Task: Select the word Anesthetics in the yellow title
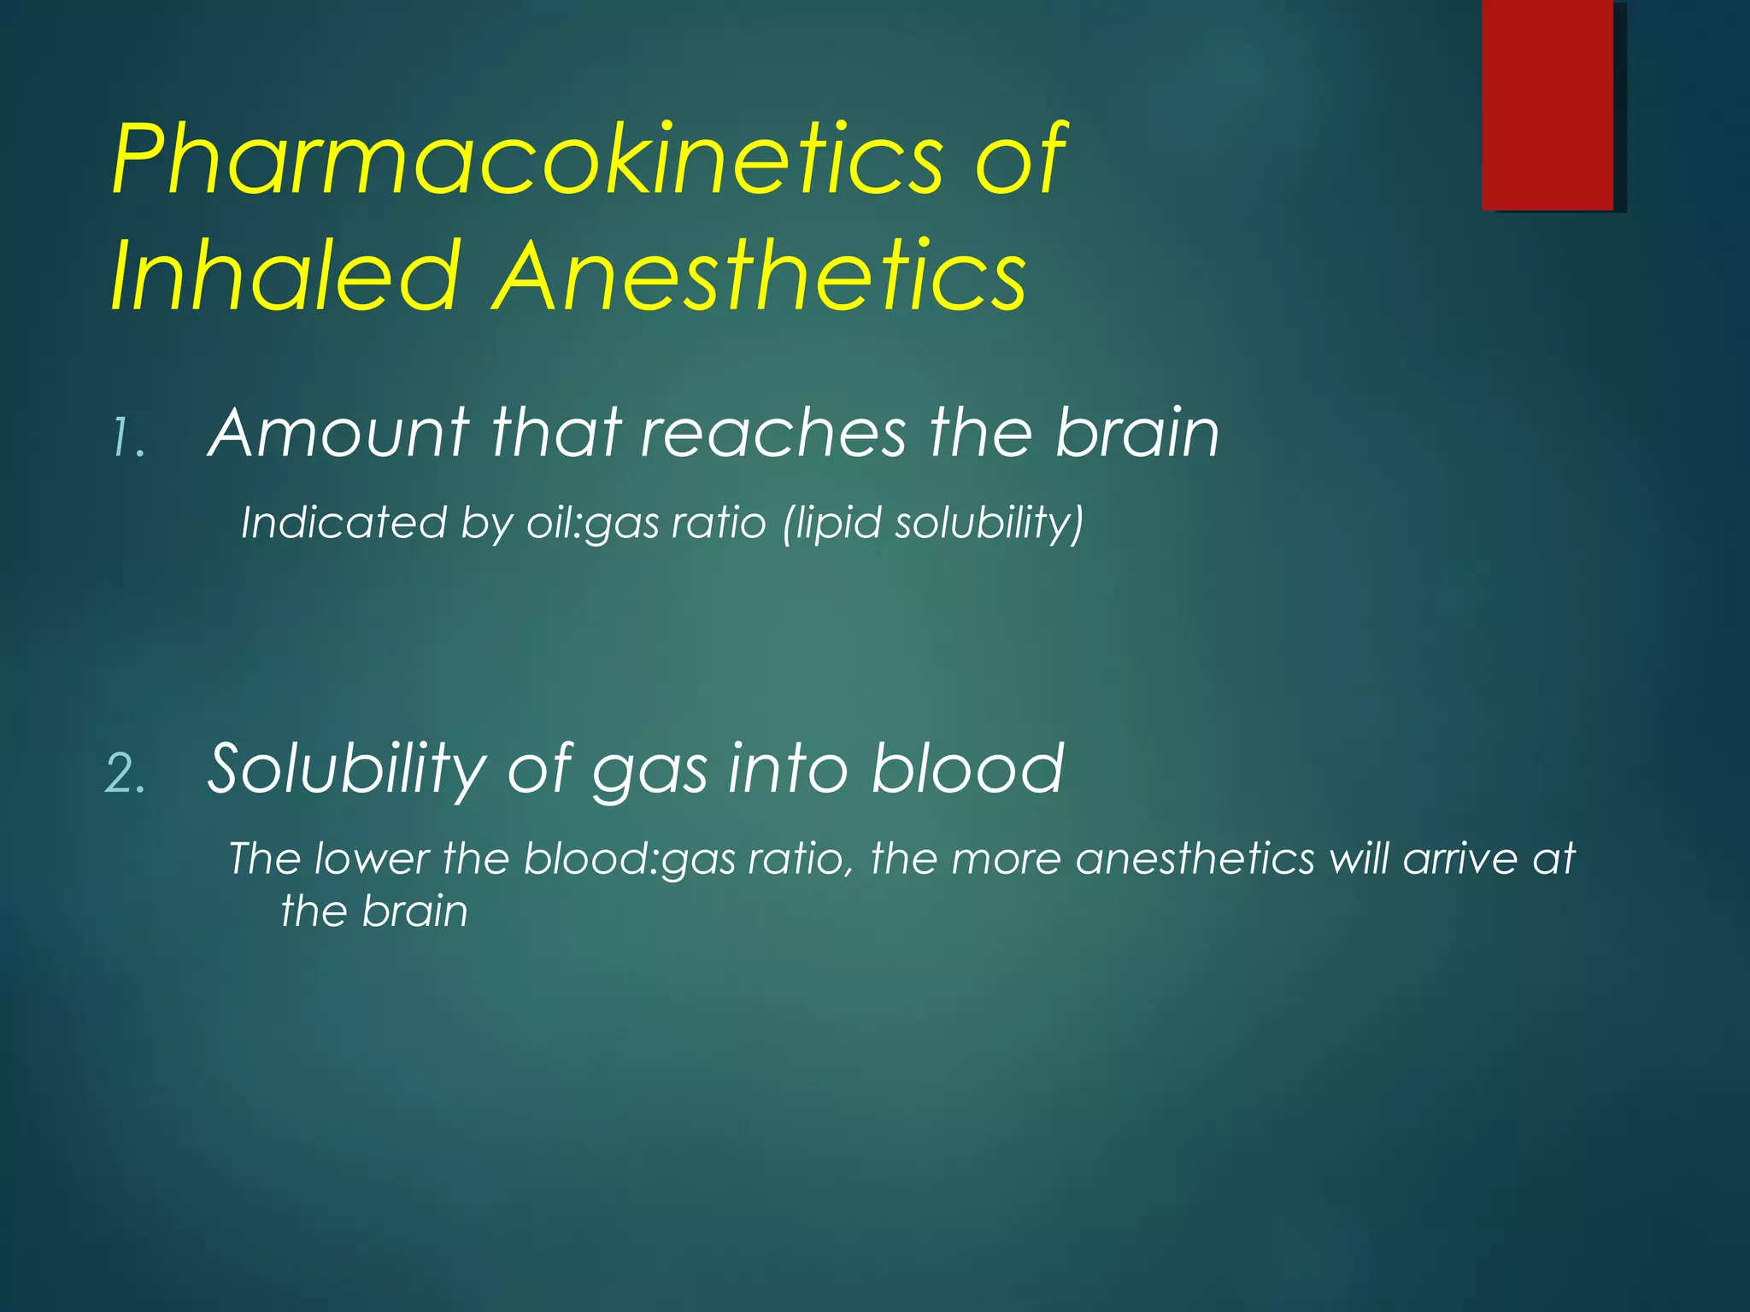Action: (x=760, y=275)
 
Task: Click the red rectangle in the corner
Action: (x=1547, y=104)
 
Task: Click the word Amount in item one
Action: (x=338, y=433)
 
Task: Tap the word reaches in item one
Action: (x=773, y=433)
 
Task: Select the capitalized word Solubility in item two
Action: (x=347, y=769)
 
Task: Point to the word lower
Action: (x=371, y=858)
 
